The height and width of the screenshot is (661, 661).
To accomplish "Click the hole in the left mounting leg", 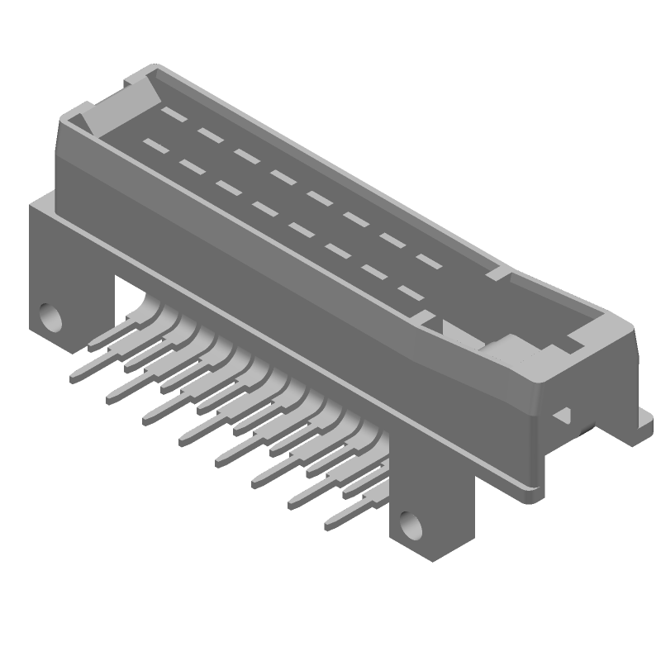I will [x=51, y=316].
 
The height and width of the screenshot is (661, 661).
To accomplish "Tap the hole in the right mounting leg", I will [x=409, y=522].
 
